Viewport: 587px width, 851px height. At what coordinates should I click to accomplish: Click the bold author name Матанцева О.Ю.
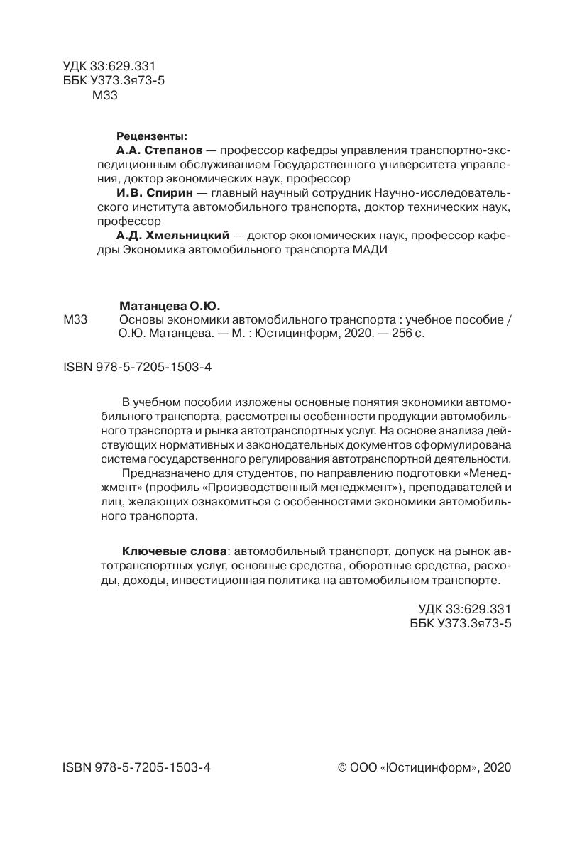pos(170,306)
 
